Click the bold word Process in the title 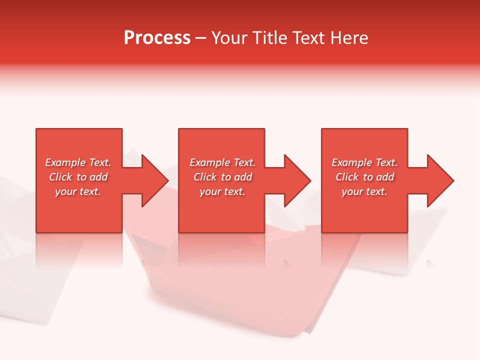click(x=157, y=38)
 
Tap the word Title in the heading click(x=270, y=38)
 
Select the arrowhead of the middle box click(x=296, y=180)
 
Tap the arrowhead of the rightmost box click(x=439, y=180)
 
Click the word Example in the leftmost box click(x=65, y=162)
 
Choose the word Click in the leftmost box click(x=60, y=177)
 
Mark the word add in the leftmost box click(x=98, y=177)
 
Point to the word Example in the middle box click(x=209, y=162)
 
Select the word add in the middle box click(x=243, y=177)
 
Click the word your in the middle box click(x=209, y=191)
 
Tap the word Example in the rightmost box click(x=351, y=162)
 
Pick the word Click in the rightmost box click(x=347, y=177)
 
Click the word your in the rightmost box click(x=351, y=191)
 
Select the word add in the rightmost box click(x=385, y=177)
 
